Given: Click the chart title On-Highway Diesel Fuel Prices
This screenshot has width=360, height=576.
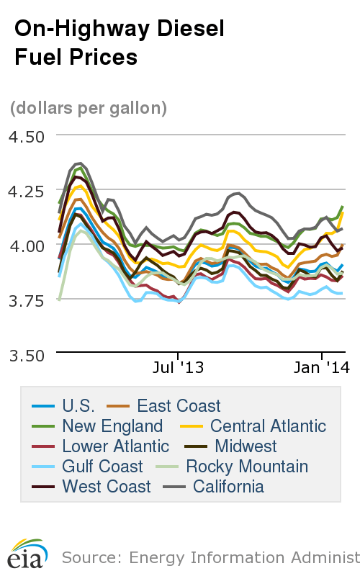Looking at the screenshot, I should click(x=120, y=42).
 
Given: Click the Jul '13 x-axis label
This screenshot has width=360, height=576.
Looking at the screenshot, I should click(x=179, y=368).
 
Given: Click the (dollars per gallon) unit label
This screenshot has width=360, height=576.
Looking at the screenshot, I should click(x=89, y=108).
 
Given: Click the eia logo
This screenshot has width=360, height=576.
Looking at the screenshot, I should click(x=27, y=555).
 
